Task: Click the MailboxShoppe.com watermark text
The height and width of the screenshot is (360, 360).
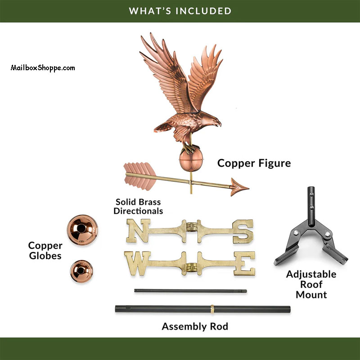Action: [43, 68]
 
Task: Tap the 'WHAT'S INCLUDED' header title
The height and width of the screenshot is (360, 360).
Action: [180, 10]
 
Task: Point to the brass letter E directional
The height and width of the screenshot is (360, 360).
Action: [245, 263]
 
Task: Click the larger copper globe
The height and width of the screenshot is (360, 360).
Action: [82, 229]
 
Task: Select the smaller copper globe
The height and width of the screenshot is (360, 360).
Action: [81, 273]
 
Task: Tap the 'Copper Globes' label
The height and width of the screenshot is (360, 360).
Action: [45, 251]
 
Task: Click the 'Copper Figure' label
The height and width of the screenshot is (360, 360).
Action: [254, 163]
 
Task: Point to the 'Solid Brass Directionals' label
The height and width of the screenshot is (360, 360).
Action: [138, 207]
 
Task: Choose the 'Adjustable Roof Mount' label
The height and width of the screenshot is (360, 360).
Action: [311, 284]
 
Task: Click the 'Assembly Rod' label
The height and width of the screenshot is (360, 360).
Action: [195, 326]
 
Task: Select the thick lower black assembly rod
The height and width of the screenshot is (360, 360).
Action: [202, 310]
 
